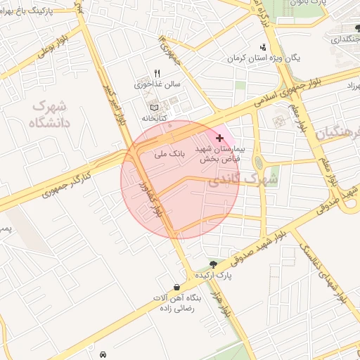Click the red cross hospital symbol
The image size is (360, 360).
(x=220, y=138)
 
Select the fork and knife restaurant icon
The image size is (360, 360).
(x=157, y=73)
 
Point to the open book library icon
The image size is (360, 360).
(x=155, y=107)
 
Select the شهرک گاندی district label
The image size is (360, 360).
(x=254, y=179)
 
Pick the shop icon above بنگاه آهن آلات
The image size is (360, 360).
(x=176, y=287)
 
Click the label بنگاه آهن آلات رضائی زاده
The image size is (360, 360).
(x=179, y=302)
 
